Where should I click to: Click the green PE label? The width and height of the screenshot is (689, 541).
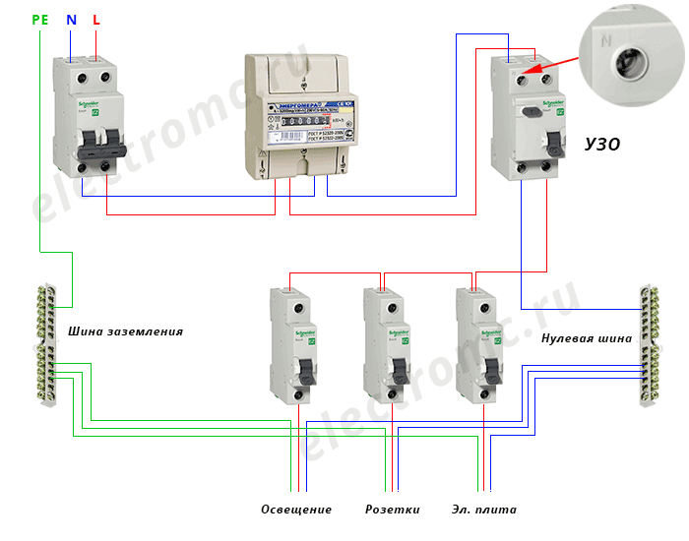[x=39, y=20]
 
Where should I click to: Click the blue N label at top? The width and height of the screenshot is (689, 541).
[x=71, y=20]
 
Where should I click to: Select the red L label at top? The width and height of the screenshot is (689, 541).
[x=95, y=20]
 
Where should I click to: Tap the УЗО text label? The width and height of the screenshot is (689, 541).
[x=601, y=146]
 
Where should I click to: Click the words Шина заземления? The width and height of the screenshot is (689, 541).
[x=125, y=331]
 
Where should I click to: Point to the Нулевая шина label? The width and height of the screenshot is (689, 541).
[x=587, y=338]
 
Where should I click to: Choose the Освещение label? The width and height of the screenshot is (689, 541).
[x=296, y=510]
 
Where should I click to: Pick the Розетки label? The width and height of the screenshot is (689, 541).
[x=393, y=510]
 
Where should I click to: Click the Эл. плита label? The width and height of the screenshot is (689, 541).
[x=484, y=510]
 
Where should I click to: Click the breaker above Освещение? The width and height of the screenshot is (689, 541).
[x=295, y=344]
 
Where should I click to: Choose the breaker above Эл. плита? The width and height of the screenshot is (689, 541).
[x=482, y=344]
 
